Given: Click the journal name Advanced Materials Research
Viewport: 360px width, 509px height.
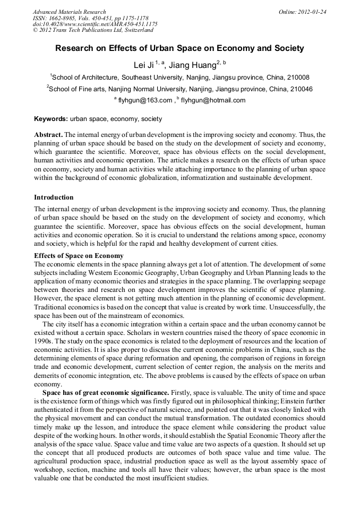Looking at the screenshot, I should (x=69, y=12).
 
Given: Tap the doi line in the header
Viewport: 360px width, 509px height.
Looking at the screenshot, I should (x=95, y=24).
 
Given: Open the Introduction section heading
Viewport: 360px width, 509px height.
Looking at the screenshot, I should (x=54, y=197).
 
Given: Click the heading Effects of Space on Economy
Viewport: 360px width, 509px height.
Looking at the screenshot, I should (x=79, y=256).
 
